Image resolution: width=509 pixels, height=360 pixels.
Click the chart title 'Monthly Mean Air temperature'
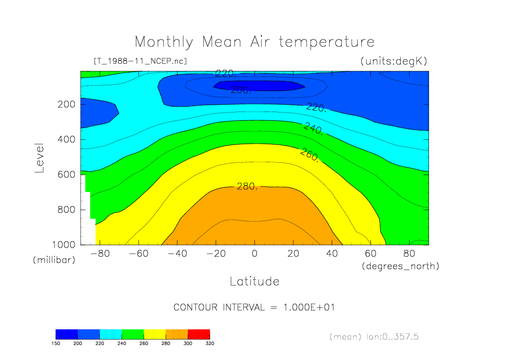point(254,42)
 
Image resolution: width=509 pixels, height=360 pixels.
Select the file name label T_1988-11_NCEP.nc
point(140,61)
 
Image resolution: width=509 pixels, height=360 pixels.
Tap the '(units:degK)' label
point(393,61)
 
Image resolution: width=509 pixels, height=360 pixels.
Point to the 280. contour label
point(247,186)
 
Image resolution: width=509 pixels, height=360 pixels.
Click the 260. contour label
point(310,155)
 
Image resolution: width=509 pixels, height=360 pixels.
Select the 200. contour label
point(241,90)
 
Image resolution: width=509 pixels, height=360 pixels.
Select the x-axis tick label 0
point(254,254)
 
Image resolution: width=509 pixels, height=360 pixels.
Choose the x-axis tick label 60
point(371,254)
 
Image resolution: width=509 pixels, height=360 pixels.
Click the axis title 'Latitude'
point(254,281)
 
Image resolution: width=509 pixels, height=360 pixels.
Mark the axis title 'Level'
point(40,158)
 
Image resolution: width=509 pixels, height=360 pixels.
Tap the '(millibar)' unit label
point(54,260)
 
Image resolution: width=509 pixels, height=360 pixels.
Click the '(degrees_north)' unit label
point(400,266)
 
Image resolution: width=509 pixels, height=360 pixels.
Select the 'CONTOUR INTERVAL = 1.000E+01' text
point(254,307)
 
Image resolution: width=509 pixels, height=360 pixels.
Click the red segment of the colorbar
point(198,334)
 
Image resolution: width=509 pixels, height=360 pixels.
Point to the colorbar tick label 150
point(56,343)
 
